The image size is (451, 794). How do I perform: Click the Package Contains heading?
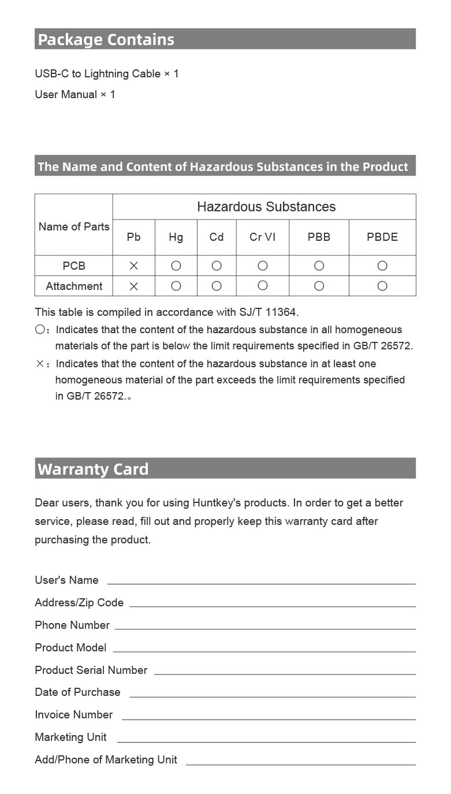click(106, 39)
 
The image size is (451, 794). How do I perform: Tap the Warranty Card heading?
click(93, 469)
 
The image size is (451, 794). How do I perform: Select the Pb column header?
click(133, 237)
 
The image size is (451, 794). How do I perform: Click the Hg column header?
click(176, 237)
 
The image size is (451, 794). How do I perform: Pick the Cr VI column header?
click(262, 237)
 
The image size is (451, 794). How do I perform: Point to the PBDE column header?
click(382, 237)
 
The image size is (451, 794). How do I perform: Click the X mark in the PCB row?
click(133, 266)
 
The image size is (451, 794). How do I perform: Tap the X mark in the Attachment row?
click(133, 286)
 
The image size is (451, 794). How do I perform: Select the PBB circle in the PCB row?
click(319, 266)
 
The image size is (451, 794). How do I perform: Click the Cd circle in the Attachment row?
click(217, 286)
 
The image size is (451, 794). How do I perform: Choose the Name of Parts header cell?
click(74, 226)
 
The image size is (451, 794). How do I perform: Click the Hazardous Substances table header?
click(266, 207)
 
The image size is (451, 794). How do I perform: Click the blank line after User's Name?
click(261, 583)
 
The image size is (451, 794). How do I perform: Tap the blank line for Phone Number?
click(264, 628)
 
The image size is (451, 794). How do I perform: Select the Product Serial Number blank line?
click(285, 673)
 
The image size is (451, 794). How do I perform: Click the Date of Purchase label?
click(77, 692)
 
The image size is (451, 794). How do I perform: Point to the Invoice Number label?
click(73, 714)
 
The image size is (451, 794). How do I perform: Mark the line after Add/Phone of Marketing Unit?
click(300, 763)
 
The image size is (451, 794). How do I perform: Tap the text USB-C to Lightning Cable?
click(98, 74)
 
